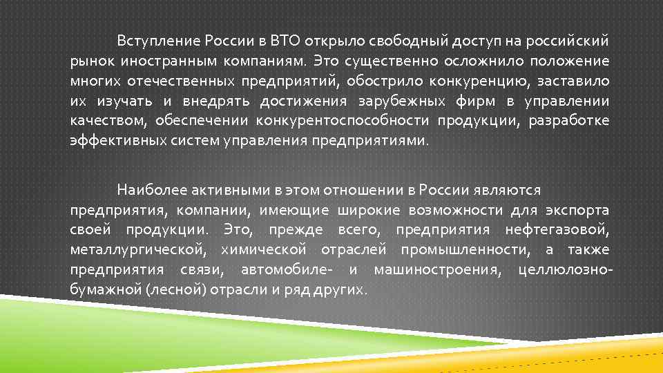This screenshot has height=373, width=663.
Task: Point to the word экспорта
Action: click(x=577, y=209)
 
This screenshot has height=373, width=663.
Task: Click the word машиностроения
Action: click(x=436, y=269)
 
